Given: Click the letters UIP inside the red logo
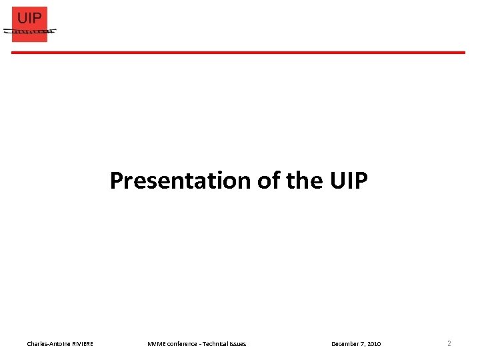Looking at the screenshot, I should point(29,17).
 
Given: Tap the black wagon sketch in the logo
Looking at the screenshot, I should point(29,31).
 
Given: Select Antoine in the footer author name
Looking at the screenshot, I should point(57,344).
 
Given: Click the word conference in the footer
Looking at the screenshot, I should point(181,344).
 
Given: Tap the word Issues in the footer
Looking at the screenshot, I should point(237,344).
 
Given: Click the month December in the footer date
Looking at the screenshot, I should point(345,344).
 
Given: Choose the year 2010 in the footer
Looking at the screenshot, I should point(374,344).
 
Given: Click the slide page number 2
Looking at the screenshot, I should point(449,344).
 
